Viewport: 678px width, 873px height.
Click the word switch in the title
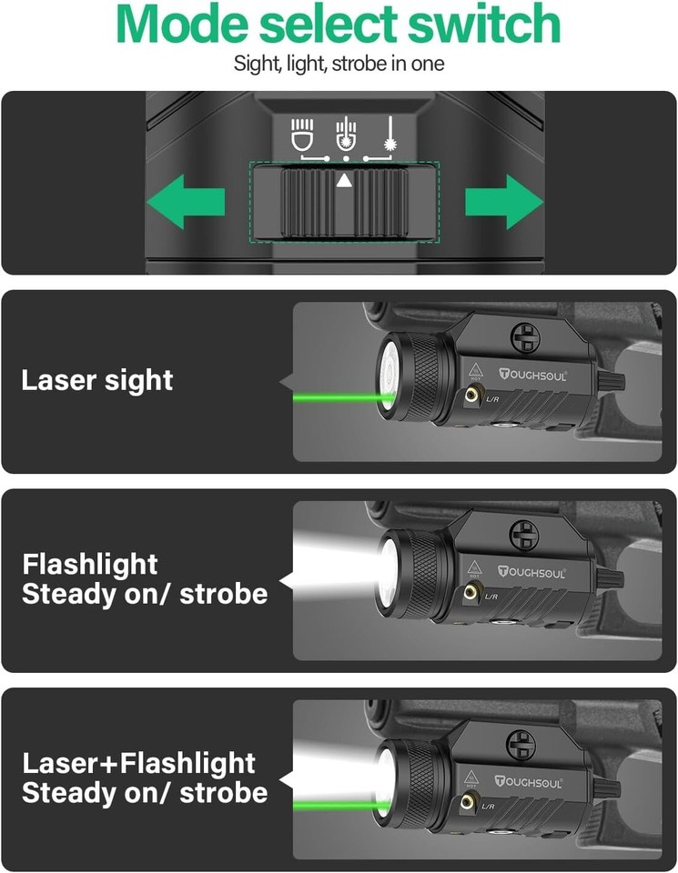click(x=480, y=25)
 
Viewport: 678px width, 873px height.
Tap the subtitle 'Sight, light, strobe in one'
click(x=339, y=65)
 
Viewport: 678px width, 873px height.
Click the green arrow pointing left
click(x=187, y=201)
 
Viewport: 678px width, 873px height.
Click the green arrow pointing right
click(x=504, y=201)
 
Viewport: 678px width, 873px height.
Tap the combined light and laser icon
click(x=344, y=134)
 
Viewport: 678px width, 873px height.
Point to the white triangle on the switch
click(x=344, y=180)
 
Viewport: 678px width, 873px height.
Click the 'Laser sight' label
click(x=97, y=380)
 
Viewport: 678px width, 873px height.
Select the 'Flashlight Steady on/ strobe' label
click(x=145, y=579)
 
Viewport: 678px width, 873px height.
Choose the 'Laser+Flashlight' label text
click(x=138, y=762)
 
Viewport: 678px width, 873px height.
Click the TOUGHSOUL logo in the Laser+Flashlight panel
click(x=531, y=781)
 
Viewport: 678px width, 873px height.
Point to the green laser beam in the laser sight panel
click(x=337, y=397)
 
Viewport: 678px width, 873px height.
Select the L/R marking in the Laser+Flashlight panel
click(x=490, y=807)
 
